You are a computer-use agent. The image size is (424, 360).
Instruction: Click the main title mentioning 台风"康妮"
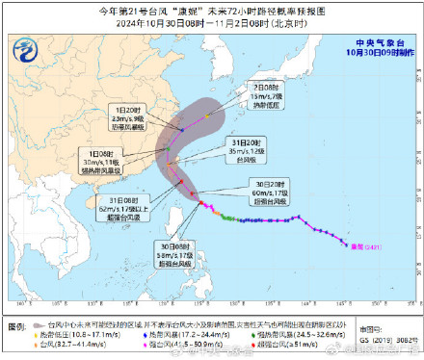point(213,10)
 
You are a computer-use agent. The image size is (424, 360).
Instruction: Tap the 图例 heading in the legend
point(22,325)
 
